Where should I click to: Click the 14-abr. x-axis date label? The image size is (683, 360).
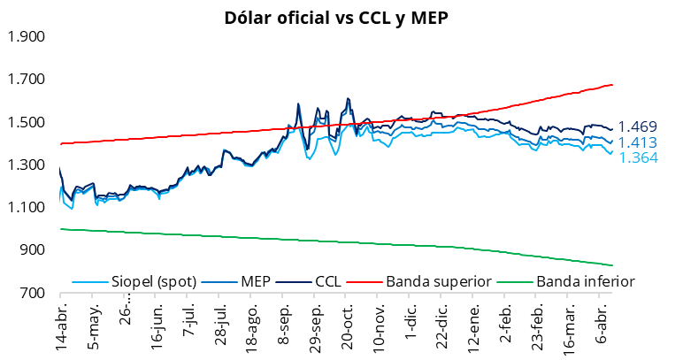(61, 328)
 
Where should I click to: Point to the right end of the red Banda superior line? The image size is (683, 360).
(612, 85)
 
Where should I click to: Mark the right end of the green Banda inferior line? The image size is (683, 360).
(612, 265)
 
